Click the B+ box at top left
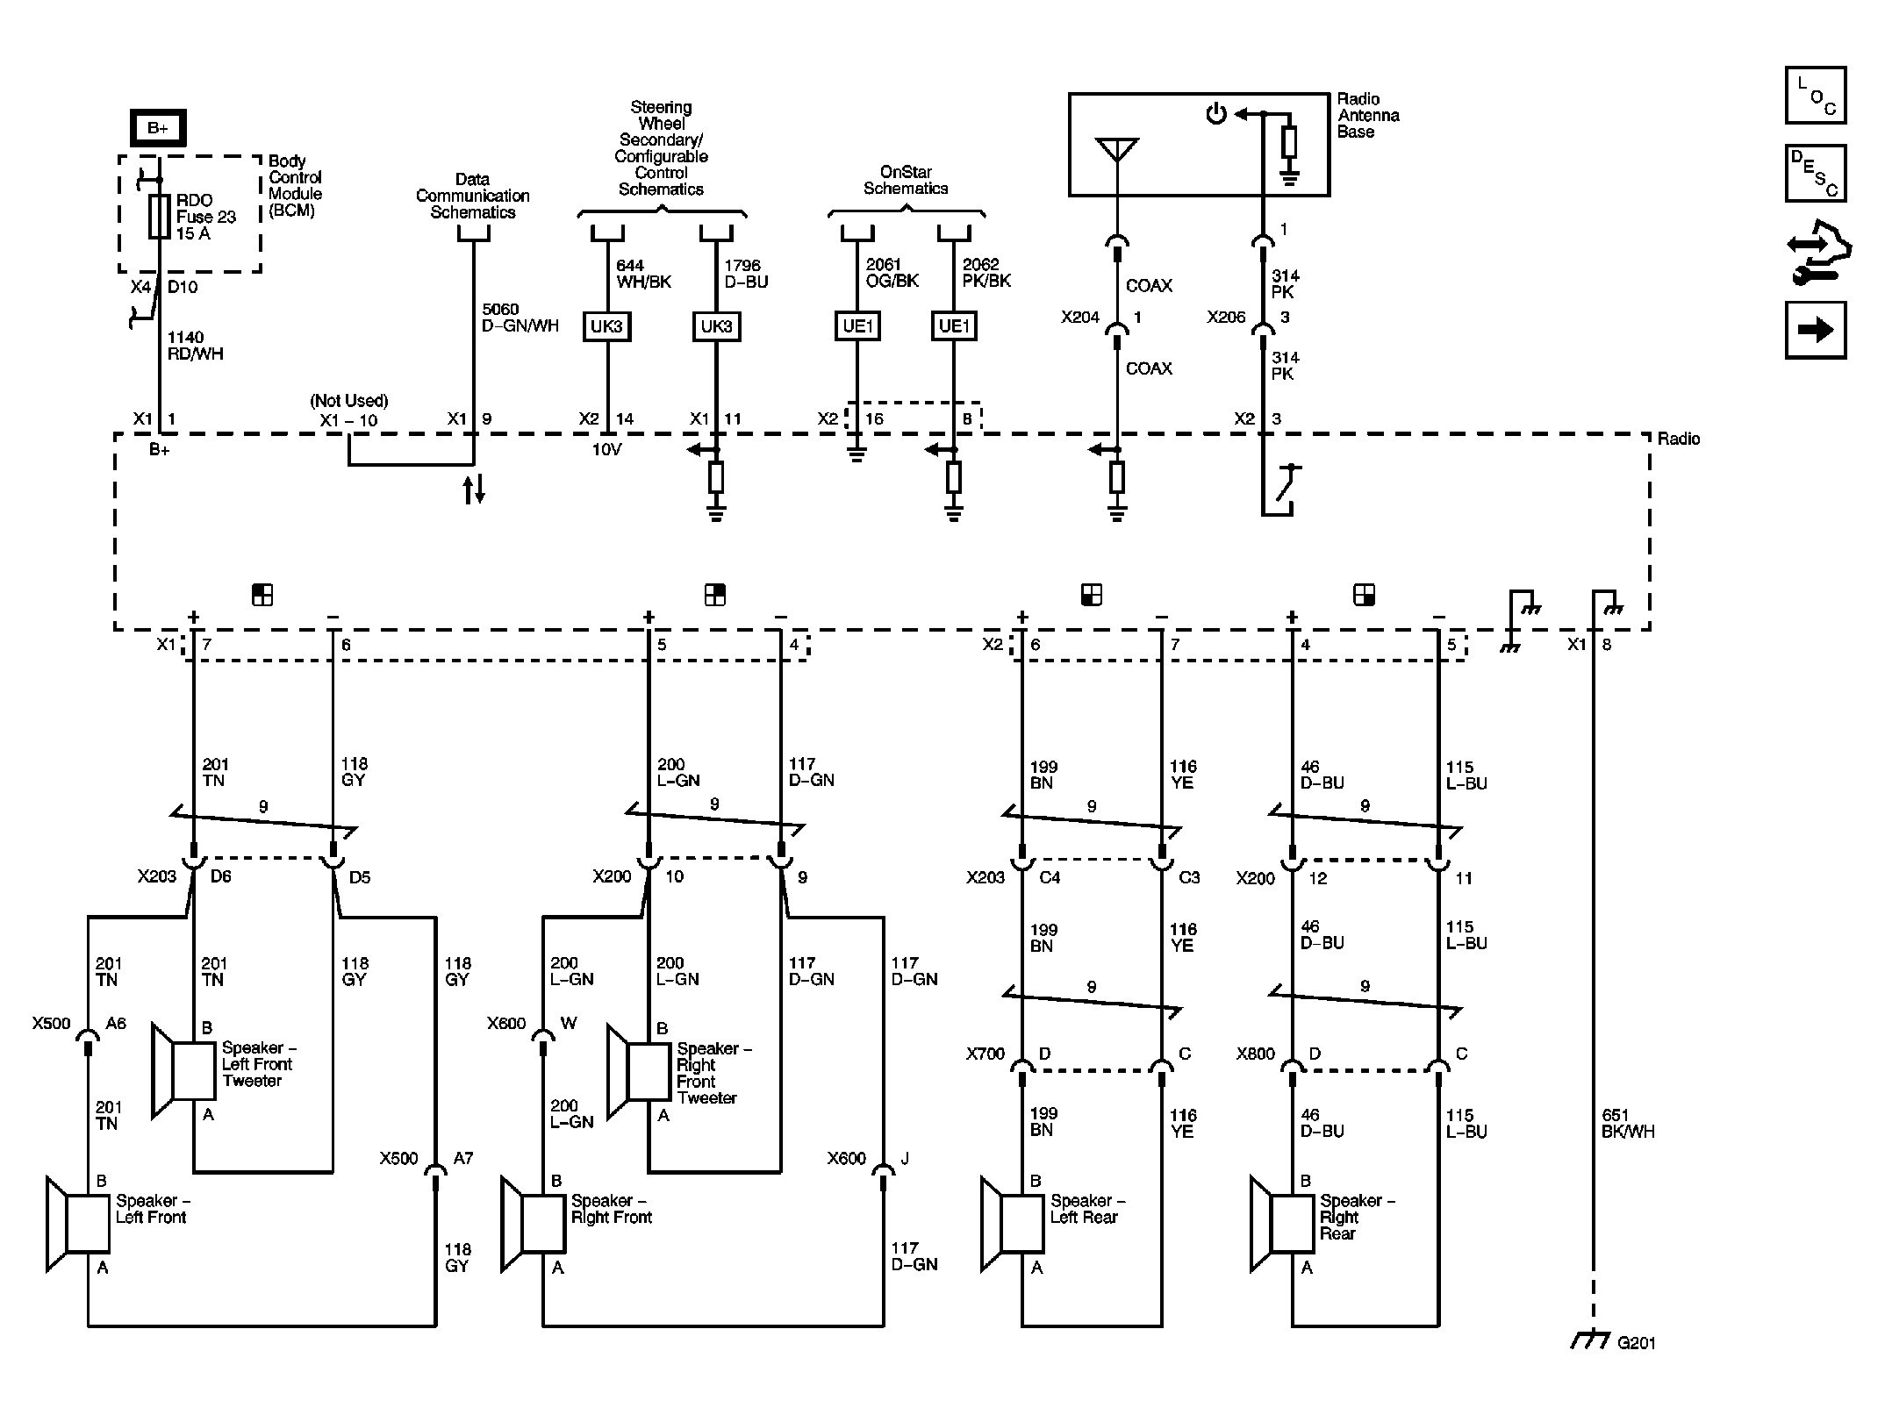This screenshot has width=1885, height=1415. click(x=158, y=129)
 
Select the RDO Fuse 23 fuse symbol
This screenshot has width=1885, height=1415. click(x=159, y=217)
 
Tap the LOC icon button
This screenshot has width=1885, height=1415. click(x=1815, y=96)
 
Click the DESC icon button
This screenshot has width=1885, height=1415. click(x=1815, y=173)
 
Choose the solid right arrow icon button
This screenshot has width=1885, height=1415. click(x=1815, y=330)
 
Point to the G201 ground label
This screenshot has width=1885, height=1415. click(x=1636, y=1343)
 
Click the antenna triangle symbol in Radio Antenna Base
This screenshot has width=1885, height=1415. click(x=1116, y=149)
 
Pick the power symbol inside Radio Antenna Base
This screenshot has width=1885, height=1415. click(x=1215, y=114)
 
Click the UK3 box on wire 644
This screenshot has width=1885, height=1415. click(x=606, y=326)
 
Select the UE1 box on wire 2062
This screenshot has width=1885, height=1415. click(x=954, y=326)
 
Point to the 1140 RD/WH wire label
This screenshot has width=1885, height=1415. click(x=195, y=346)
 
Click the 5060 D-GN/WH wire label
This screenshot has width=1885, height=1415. click(x=520, y=318)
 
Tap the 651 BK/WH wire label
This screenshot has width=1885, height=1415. click(x=1628, y=1124)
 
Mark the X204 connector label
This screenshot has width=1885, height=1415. click(x=1079, y=317)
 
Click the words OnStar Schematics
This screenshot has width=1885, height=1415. click(x=906, y=180)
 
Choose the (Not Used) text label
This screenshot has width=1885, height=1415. click(x=348, y=401)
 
